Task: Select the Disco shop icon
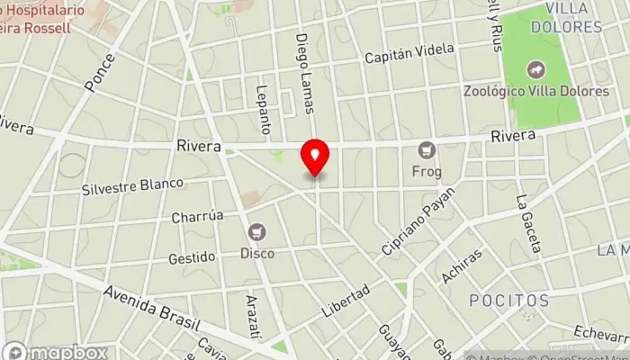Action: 258,232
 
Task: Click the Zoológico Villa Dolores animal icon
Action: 537,69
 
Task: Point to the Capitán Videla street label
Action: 409,55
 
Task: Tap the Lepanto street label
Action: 263,109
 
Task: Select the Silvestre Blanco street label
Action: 132,187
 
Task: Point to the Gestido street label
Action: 192,257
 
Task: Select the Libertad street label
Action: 346,301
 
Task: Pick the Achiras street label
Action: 463,265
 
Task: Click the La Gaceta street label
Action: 528,223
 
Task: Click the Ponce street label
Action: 100,74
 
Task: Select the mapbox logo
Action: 55,352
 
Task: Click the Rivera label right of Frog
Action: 514,136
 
